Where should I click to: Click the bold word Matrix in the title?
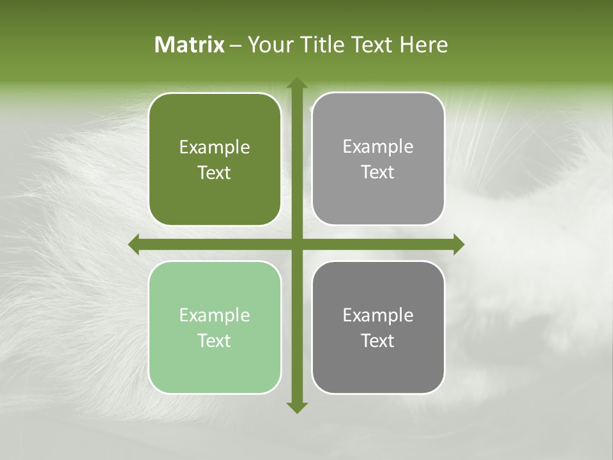(190, 45)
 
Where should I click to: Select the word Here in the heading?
(423, 45)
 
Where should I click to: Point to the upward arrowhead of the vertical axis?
(296, 84)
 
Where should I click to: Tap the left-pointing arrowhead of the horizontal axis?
(134, 244)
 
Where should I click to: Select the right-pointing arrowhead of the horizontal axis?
(458, 244)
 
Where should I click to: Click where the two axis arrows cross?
(296, 244)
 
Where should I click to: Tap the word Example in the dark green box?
(215, 148)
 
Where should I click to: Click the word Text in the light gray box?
(378, 172)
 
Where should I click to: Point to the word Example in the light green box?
(215, 315)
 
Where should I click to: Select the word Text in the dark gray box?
(378, 341)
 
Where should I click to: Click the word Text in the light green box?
(215, 341)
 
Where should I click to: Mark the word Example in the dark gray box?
(378, 315)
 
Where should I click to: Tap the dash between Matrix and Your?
(236, 46)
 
